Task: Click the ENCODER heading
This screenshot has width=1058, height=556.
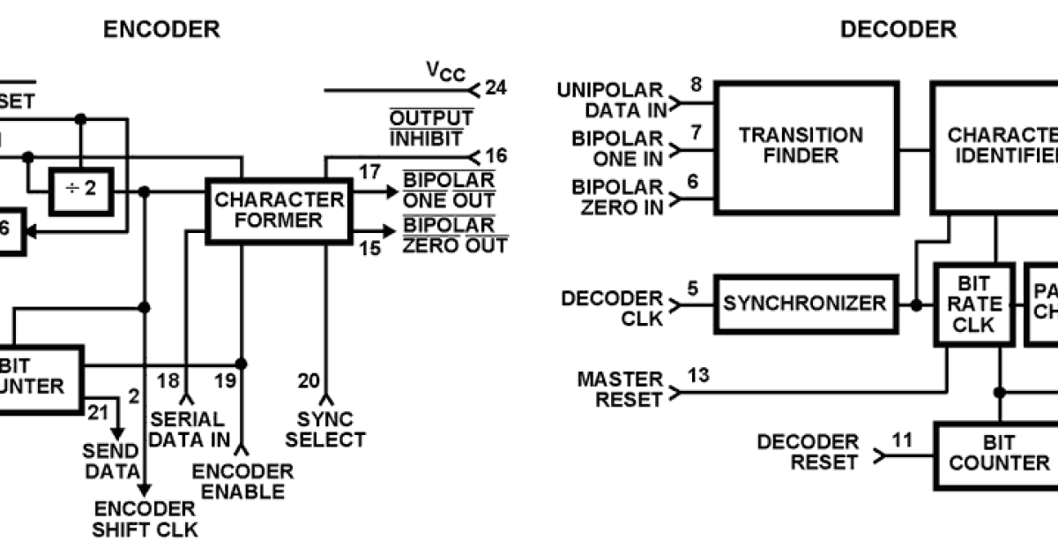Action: click(x=161, y=30)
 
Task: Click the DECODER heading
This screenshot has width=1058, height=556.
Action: click(x=898, y=30)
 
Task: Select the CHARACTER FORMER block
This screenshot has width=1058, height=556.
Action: click(x=279, y=210)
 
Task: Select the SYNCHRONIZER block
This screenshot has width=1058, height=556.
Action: click(x=804, y=304)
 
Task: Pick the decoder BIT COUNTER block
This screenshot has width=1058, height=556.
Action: click(x=998, y=452)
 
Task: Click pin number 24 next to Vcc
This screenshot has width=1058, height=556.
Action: click(x=496, y=87)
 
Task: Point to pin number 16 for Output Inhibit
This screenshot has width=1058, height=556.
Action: click(x=496, y=156)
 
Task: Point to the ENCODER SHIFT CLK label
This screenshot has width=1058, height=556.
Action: click(x=145, y=519)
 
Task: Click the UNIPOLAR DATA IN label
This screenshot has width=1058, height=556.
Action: click(x=611, y=100)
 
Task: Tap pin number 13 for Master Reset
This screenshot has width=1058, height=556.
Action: click(x=698, y=377)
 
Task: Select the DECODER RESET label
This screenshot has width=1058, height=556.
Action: click(x=808, y=452)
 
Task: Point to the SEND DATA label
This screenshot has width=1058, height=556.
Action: click(x=111, y=461)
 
